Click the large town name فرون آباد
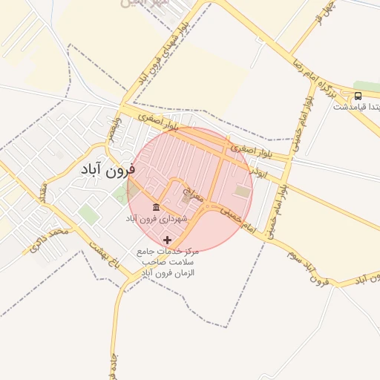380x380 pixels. click(108, 169)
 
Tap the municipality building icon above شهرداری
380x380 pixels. click(156, 206)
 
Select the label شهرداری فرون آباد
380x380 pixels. click(156, 219)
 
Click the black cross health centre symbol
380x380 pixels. click(167, 240)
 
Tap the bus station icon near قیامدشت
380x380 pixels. click(358, 96)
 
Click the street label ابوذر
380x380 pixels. click(256, 170)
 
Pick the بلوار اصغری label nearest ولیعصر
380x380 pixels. click(157, 119)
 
